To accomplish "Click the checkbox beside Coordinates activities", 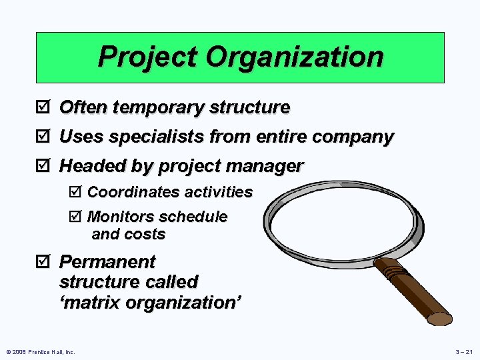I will click(x=74, y=193).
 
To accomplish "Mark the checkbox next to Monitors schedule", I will click(x=74, y=217).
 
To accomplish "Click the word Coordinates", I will click(x=133, y=193).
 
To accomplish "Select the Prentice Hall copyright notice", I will click(x=41, y=351).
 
